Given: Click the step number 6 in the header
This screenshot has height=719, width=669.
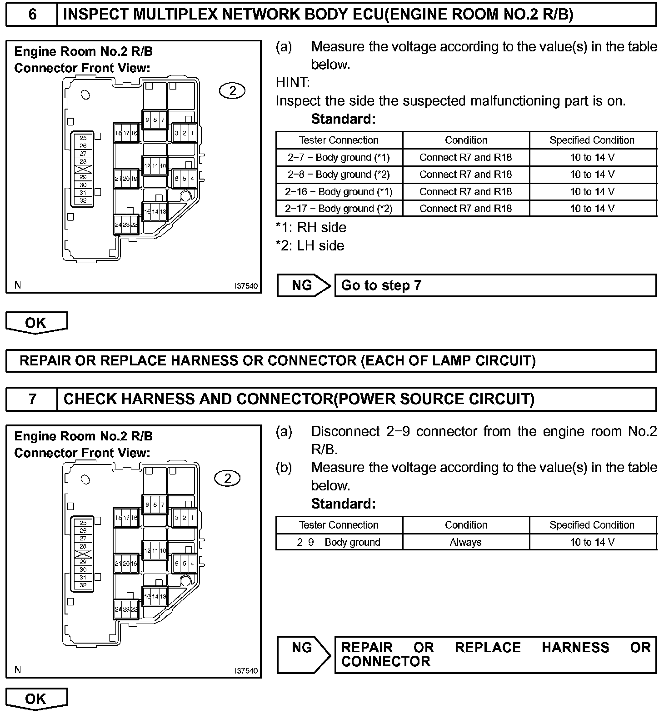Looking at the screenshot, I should (x=32, y=15).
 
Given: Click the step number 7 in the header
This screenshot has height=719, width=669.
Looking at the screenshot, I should (x=32, y=399).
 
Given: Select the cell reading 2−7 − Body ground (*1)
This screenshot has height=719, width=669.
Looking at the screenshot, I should (x=339, y=157).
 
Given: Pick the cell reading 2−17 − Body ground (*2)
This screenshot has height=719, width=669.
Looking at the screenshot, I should (x=339, y=209).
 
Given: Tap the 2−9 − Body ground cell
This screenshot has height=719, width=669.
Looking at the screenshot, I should (x=339, y=542).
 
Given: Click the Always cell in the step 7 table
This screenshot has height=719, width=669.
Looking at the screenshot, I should (x=465, y=542).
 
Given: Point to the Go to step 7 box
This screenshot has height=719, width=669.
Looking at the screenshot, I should (x=495, y=285).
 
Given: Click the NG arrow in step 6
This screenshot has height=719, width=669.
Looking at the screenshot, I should (x=303, y=285).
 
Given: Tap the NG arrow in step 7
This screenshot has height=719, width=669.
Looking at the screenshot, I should (x=303, y=654).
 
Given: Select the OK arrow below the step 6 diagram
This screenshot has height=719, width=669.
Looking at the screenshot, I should (x=36, y=323).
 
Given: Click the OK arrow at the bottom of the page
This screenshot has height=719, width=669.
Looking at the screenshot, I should (x=36, y=699).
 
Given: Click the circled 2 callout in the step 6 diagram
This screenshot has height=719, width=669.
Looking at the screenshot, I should (x=232, y=91).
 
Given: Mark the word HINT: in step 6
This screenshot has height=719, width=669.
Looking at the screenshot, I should (x=293, y=83).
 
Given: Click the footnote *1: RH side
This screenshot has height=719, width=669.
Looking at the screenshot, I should (x=311, y=227).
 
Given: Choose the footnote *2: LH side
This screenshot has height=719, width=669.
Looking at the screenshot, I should (x=310, y=245).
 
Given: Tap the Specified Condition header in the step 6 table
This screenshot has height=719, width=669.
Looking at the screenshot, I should (x=592, y=140).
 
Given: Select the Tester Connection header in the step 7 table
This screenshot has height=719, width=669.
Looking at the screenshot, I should (x=339, y=525).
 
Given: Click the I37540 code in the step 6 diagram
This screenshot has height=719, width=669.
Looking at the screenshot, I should (x=246, y=286).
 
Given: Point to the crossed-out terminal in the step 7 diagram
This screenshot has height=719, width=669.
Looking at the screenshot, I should (x=83, y=554).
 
